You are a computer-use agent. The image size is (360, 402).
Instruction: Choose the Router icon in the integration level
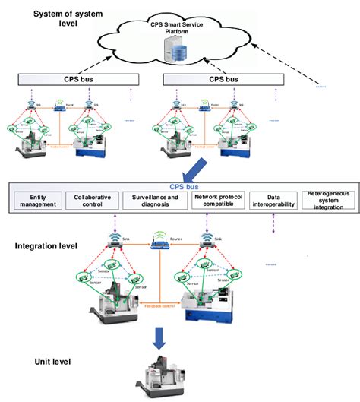pos(159,243)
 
